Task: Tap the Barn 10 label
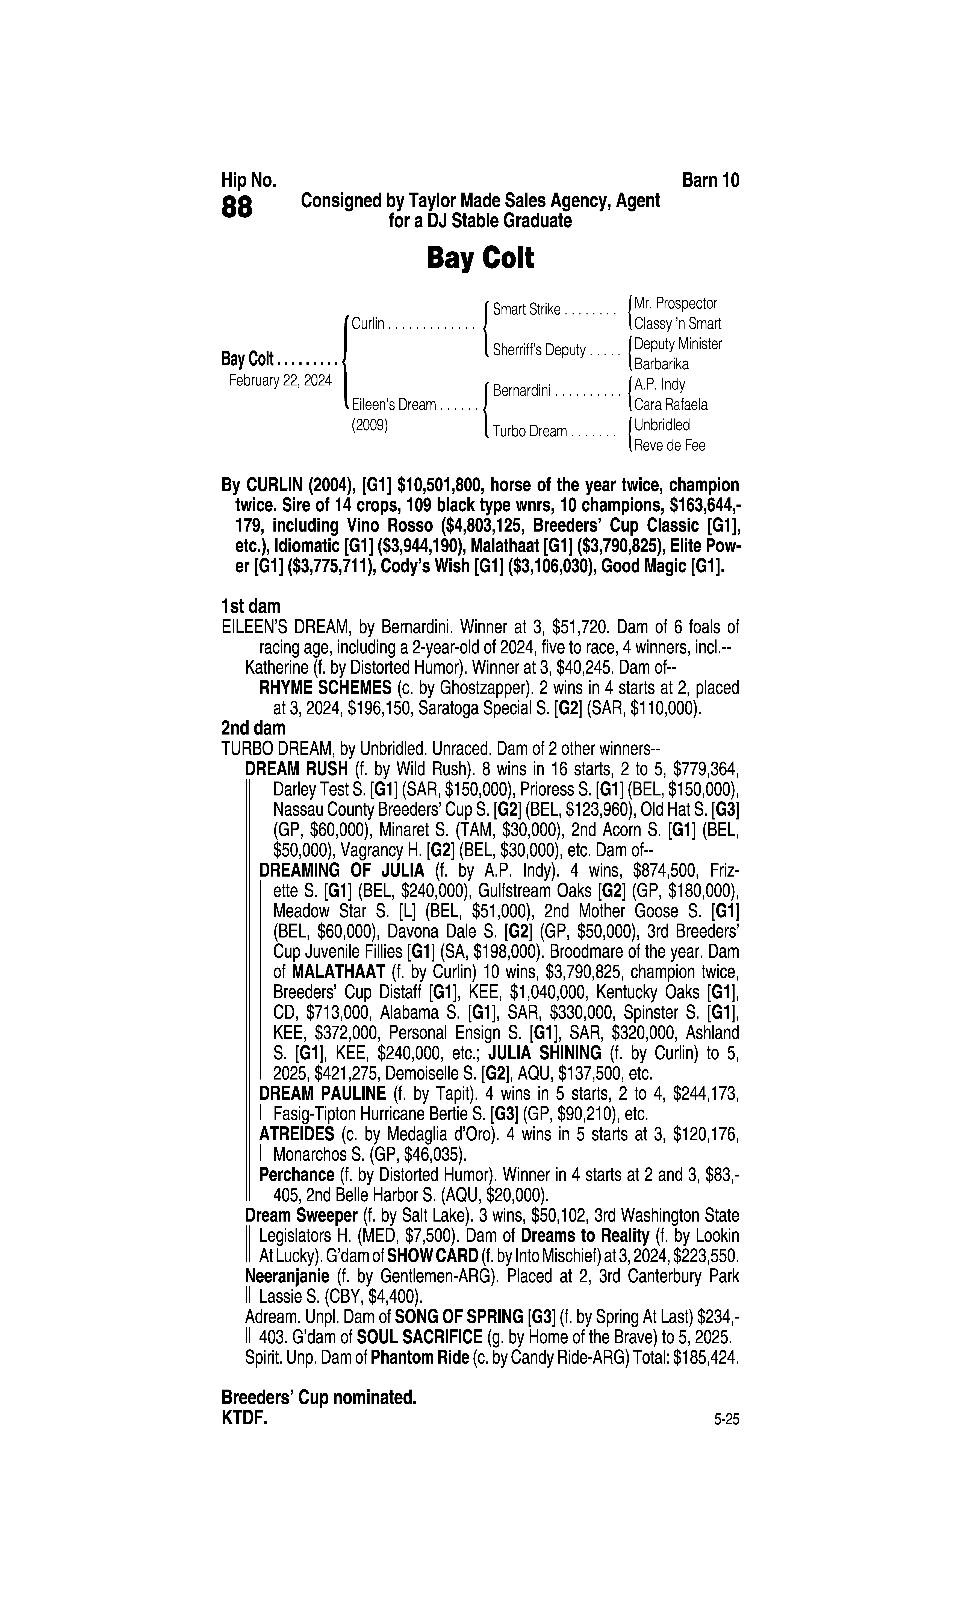pos(710,180)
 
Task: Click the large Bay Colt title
pos(480,258)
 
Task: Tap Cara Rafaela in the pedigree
pos(671,405)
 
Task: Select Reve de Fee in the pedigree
pos(670,446)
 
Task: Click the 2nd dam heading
pos(253,728)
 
